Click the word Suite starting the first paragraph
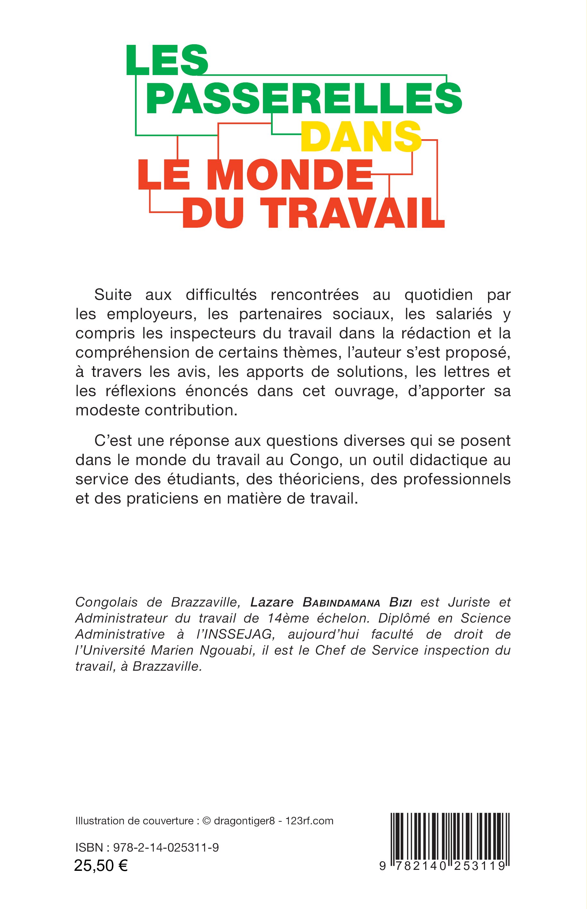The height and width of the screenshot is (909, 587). coord(113,295)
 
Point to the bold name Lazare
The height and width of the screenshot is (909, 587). coord(271,602)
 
